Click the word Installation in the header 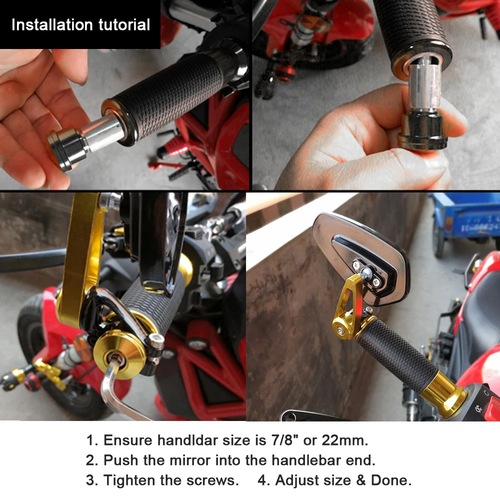pyautogui.click(x=52, y=24)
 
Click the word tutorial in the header pyautogui.click(x=124, y=24)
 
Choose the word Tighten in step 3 pyautogui.click(x=129, y=480)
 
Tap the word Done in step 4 pyautogui.click(x=391, y=480)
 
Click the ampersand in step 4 pyautogui.click(x=360, y=480)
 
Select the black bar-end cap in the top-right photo pyautogui.click(x=421, y=131)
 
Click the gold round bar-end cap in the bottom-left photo pyautogui.click(x=119, y=354)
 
